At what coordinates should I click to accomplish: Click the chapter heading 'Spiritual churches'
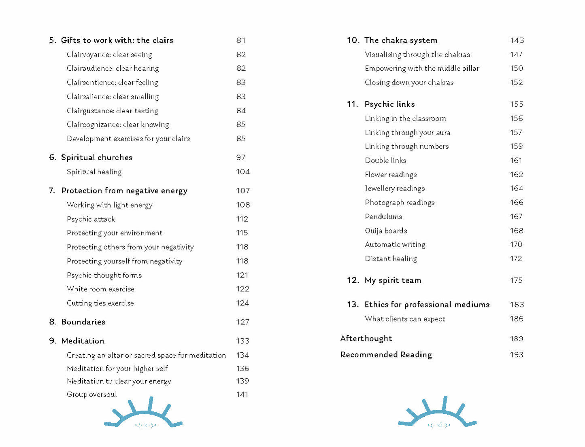(97, 158)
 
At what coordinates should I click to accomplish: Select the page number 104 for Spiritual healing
(243, 172)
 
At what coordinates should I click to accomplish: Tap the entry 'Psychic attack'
(91, 219)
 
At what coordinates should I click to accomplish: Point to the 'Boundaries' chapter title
(83, 322)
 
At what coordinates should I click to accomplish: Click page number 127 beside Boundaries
(243, 322)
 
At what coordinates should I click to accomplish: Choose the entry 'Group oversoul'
(92, 394)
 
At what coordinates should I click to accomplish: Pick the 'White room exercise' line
(100, 289)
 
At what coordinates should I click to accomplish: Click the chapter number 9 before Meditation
(52, 341)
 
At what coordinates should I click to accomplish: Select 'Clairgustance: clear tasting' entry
(112, 111)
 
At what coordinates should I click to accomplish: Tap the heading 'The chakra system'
(401, 40)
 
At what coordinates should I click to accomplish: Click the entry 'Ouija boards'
(386, 231)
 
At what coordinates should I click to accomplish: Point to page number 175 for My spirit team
(516, 280)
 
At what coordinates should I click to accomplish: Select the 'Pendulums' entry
(383, 217)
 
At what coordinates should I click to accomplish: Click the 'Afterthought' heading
(366, 339)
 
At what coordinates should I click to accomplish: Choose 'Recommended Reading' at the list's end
(386, 355)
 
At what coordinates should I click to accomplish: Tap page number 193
(517, 355)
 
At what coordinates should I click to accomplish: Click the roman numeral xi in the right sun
(439, 425)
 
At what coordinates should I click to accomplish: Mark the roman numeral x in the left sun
(145, 426)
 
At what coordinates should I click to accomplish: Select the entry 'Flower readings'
(391, 175)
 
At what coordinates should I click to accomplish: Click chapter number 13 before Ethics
(352, 305)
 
